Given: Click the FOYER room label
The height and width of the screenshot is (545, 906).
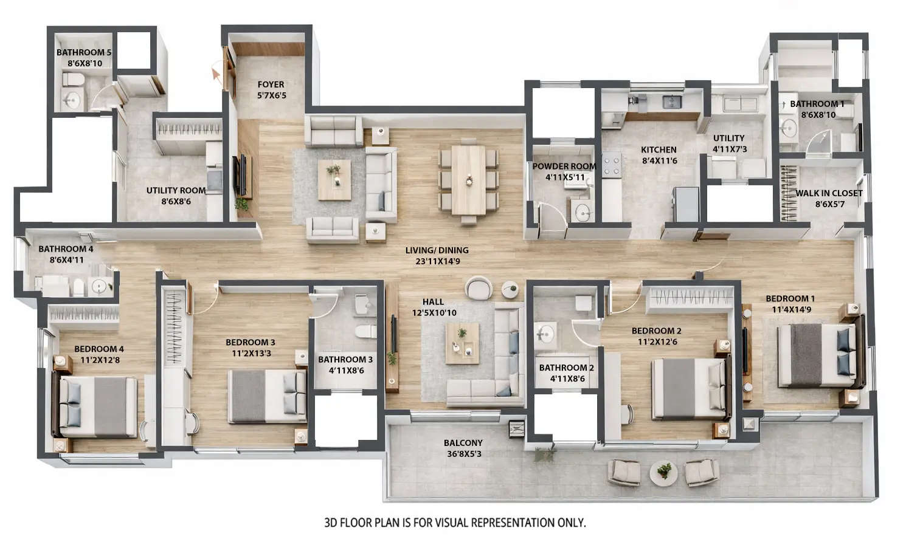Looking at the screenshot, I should (x=271, y=84).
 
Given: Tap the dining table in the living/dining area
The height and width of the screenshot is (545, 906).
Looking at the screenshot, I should (x=468, y=179).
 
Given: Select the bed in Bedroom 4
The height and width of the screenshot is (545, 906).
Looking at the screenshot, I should (x=97, y=406).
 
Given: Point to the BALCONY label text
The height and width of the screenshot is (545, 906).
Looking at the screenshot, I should (x=463, y=443).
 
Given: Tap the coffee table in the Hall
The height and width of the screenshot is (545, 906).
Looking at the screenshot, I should (x=462, y=344).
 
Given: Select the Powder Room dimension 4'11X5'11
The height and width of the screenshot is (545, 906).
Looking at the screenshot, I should (x=565, y=177).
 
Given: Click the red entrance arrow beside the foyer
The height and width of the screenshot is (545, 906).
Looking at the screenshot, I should (x=215, y=74).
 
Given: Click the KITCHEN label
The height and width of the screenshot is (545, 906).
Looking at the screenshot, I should (x=659, y=149).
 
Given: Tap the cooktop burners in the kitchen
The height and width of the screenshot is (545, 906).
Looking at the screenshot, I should (x=611, y=164).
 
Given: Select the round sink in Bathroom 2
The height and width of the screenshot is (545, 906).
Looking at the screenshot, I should (x=544, y=334).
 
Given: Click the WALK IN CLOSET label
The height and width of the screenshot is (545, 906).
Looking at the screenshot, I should (x=829, y=193).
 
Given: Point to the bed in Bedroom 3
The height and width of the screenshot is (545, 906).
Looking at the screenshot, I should (x=268, y=396).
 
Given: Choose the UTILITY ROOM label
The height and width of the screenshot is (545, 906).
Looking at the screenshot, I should (x=176, y=190).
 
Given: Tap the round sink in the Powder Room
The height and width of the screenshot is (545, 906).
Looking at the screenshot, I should (x=583, y=213).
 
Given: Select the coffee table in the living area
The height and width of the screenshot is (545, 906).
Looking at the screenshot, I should (x=334, y=180).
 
